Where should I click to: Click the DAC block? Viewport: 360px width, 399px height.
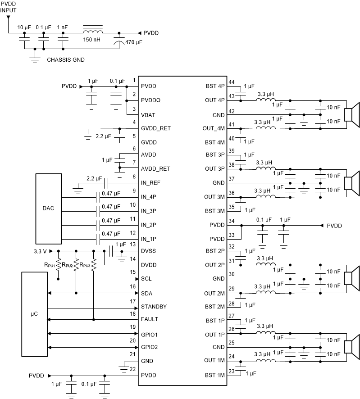[x=48, y=209]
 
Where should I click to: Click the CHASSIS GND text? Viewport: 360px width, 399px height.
[x=66, y=59]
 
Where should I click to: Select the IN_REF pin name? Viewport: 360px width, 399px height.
[x=151, y=183]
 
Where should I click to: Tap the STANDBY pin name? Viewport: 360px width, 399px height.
[x=154, y=307]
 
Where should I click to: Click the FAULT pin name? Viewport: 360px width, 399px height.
[x=150, y=319]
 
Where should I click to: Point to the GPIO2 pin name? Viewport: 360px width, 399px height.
[x=150, y=347]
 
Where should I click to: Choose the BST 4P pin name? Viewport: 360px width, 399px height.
[x=214, y=85]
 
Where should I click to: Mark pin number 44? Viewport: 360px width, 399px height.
[x=232, y=82]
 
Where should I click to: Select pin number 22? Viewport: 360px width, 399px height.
[x=132, y=369]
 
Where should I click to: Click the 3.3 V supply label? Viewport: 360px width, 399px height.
[x=41, y=251]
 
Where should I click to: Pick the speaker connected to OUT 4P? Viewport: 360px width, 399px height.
[x=351, y=114]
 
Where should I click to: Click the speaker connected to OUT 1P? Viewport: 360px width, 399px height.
[x=351, y=347]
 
